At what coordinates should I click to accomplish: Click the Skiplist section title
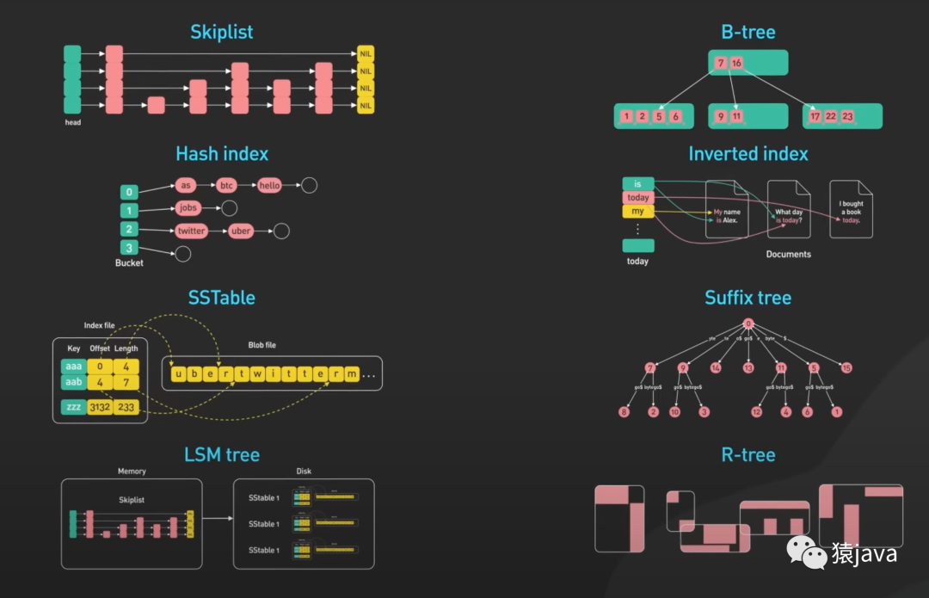point(222,33)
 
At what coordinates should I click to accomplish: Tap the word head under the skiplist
point(72,122)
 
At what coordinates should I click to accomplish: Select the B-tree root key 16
point(736,64)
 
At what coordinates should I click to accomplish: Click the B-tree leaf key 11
point(736,116)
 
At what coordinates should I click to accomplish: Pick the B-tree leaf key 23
point(847,116)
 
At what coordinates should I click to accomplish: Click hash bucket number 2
point(129,230)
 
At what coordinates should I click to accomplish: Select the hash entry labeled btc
point(226,185)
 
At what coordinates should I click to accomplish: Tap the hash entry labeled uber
point(241,231)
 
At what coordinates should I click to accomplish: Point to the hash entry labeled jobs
point(188,207)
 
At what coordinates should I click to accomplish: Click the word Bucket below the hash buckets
point(129,262)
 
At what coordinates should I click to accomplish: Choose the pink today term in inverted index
point(637,198)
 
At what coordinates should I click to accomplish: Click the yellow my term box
point(637,212)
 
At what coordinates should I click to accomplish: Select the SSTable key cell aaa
point(73,366)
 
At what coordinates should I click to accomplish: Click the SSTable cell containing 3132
point(100,407)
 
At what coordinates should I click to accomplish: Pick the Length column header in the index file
point(126,348)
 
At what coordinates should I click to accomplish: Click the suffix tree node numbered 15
point(846,367)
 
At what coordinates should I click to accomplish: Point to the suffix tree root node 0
point(748,324)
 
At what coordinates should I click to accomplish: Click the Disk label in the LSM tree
point(304,471)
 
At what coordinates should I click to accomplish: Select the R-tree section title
point(748,454)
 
